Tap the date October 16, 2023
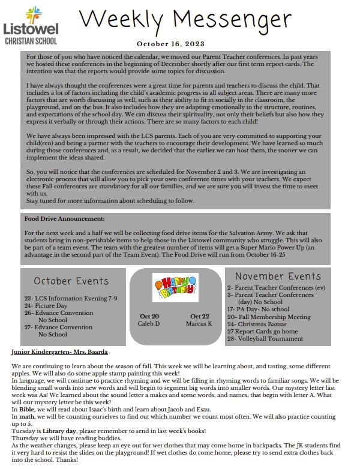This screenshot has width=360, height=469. pos(170,44)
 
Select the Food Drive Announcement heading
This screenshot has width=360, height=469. pos(65,219)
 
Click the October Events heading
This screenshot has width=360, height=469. pos(71,281)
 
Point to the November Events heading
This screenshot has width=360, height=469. pos(278,276)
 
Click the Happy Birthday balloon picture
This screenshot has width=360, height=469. pos(175,287)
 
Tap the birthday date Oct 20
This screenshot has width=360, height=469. pos(149,316)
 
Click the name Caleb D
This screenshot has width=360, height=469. pos(149,324)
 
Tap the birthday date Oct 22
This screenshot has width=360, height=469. pos(200,316)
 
